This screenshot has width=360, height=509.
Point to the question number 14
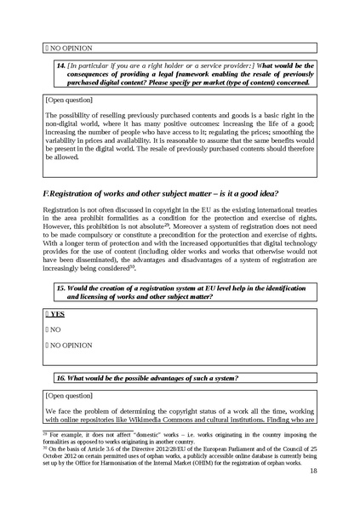pos(60,65)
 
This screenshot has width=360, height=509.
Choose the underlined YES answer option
pos(57,314)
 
